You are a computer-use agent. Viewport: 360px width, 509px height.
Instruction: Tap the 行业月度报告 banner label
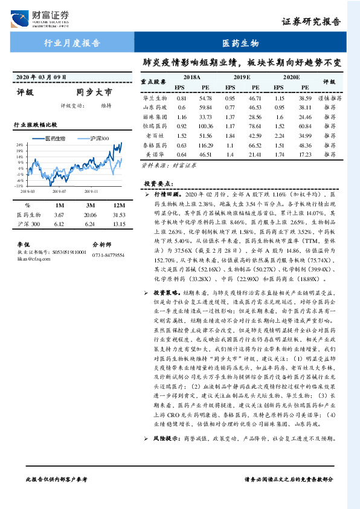[72, 44]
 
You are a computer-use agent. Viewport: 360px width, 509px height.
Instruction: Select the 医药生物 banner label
[240, 44]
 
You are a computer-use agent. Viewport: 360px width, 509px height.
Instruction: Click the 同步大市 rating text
[94, 93]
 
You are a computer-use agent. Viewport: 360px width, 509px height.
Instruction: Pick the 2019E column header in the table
[242, 78]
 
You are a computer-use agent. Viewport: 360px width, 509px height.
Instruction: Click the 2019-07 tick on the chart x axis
[59, 191]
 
